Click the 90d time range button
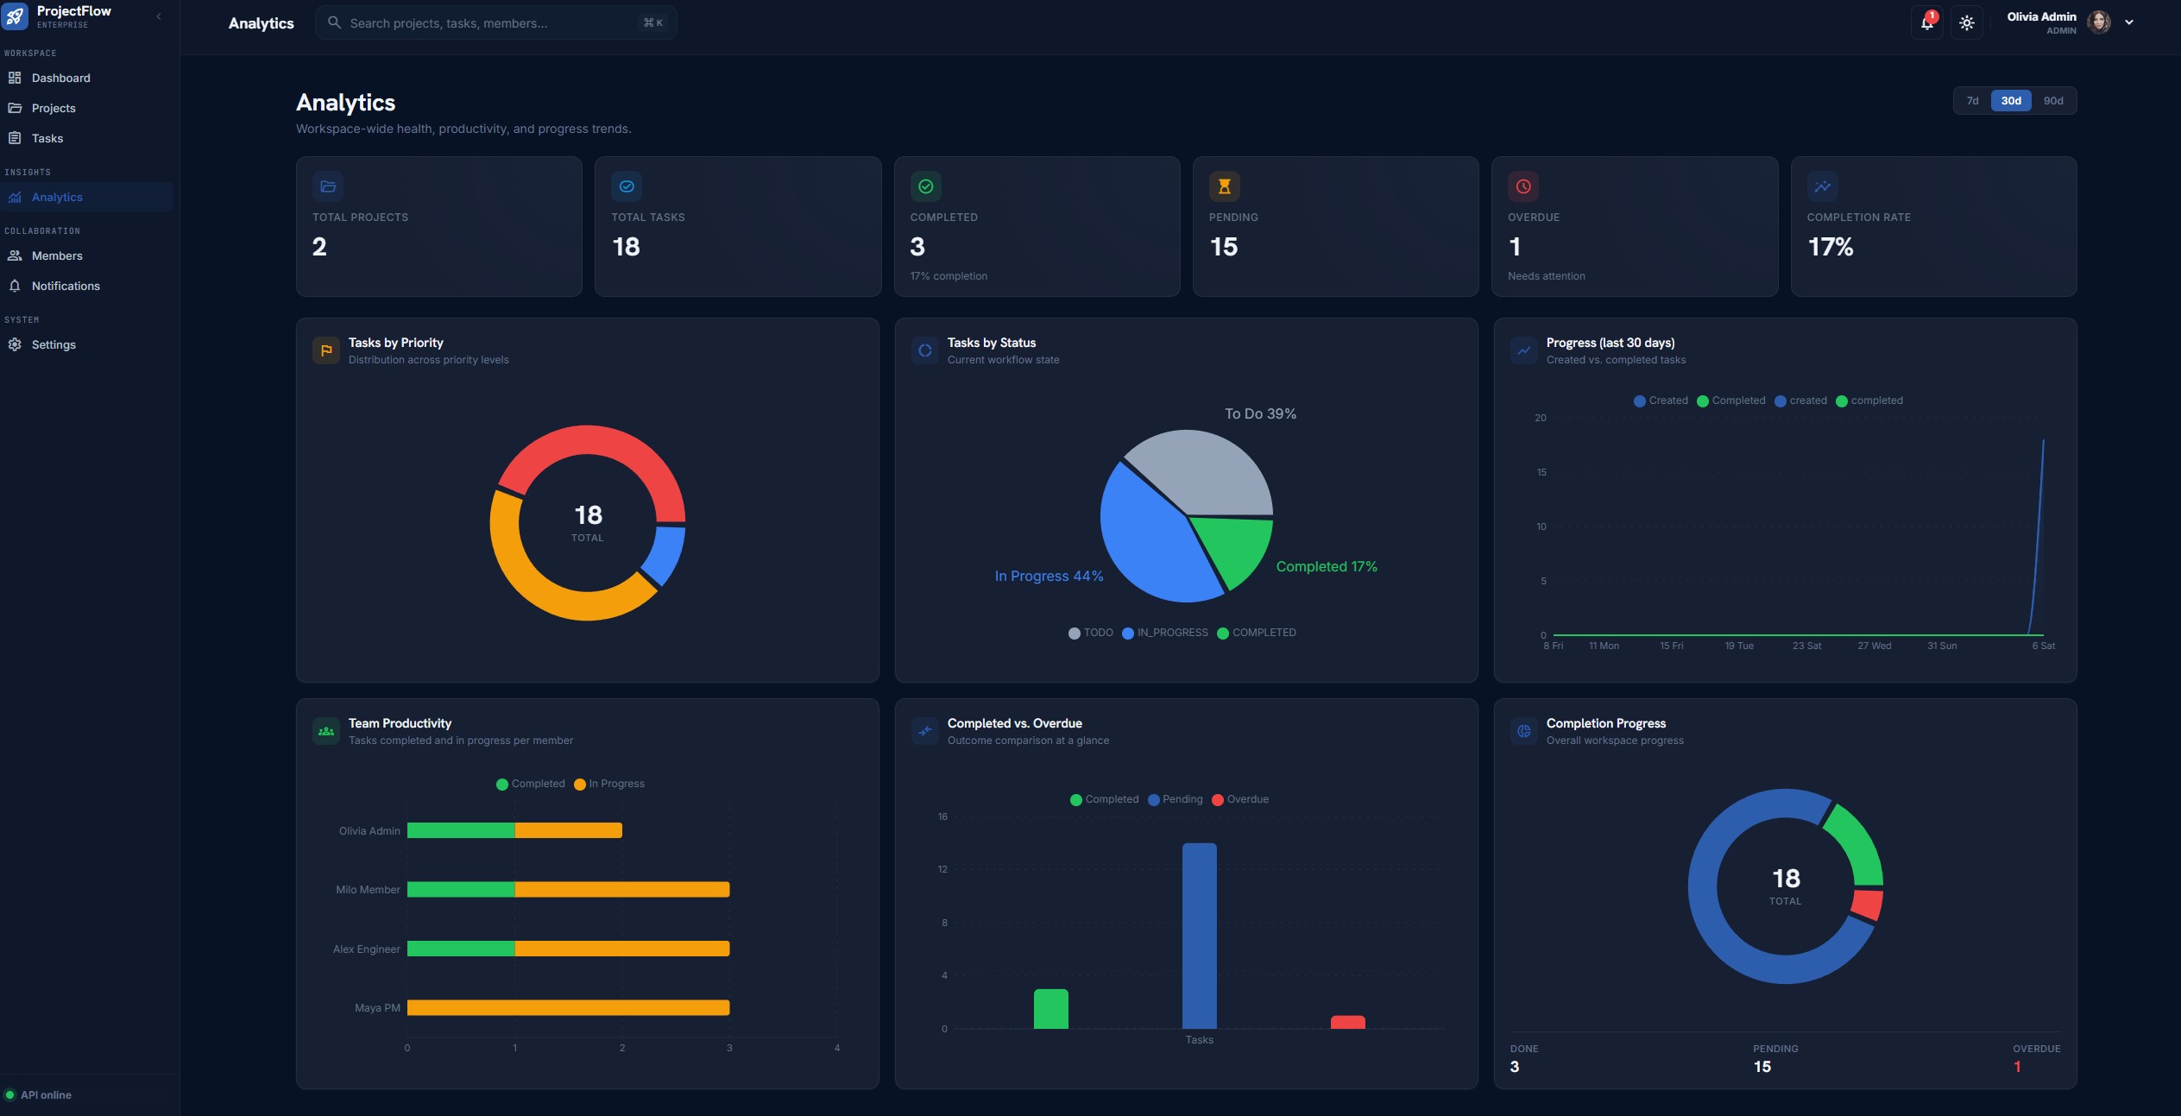point(2053,101)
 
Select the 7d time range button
point(1972,101)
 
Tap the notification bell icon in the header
point(1926,22)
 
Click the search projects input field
point(496,23)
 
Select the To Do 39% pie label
point(1260,414)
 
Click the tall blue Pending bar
point(1199,936)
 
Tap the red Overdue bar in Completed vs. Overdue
point(1347,1022)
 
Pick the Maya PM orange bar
point(568,1007)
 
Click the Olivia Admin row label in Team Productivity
point(369,831)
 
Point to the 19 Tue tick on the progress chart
point(1739,646)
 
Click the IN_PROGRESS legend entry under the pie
point(1165,633)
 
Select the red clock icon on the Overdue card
point(1523,186)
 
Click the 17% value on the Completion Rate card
point(1830,247)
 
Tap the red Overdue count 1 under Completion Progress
point(2017,1067)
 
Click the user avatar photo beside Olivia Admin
point(2099,22)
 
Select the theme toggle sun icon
point(1967,22)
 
